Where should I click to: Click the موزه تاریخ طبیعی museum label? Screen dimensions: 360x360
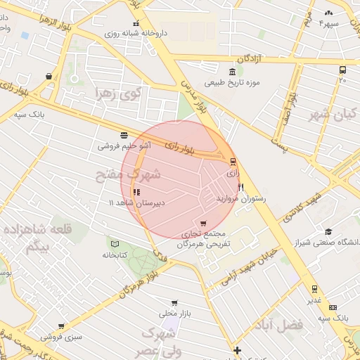pos(233,84)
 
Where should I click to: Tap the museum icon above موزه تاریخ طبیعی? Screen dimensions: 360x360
pos(233,72)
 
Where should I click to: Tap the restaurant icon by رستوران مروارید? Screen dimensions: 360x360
pos(241,188)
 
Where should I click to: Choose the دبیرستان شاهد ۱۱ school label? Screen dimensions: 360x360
pos(136,202)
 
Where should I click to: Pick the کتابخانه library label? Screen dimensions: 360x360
pos(113,255)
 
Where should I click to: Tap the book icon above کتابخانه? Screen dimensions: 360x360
pos(114,243)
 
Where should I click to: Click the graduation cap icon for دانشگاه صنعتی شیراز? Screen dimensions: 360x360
pos(328,232)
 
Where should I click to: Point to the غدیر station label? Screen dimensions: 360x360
pos(314,300)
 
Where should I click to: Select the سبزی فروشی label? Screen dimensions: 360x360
pos(61,337)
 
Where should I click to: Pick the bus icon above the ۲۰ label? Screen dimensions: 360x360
pos(342,70)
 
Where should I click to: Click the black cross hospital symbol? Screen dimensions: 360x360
pos(238,350)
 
